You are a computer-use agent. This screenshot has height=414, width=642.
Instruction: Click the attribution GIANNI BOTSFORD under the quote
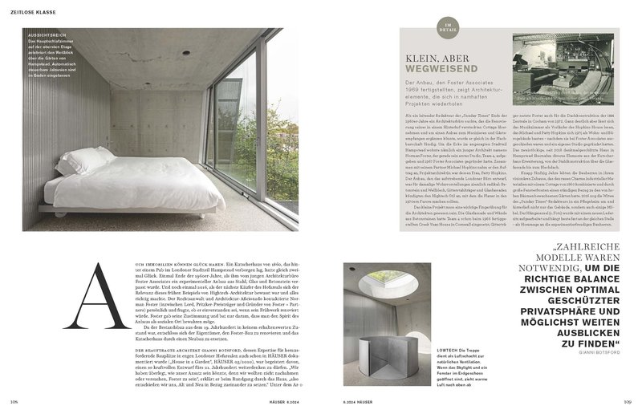601,351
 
